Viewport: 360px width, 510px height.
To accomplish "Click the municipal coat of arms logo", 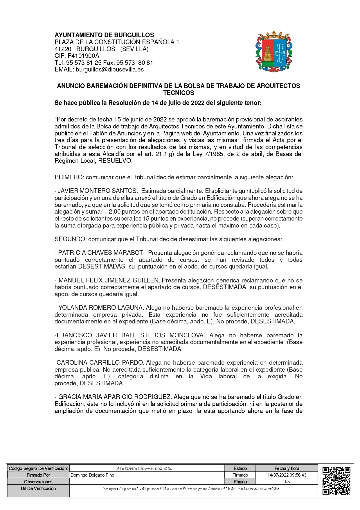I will pos(274,51).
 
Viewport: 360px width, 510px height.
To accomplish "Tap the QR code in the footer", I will pos(336,480).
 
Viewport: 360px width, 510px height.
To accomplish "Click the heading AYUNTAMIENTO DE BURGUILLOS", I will pos(104,35).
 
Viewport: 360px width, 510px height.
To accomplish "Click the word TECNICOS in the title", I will pos(179,93).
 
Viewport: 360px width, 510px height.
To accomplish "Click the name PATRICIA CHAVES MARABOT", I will pos(101,253).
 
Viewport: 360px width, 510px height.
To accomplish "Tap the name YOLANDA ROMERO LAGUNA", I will pos(100,308).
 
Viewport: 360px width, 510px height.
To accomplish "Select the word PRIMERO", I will pos(69,177).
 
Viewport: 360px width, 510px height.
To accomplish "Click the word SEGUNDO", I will pos(70,239).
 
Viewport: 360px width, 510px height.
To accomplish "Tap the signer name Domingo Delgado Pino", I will pos(92,475).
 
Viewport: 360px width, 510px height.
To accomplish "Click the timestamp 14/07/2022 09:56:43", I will pos(287,475).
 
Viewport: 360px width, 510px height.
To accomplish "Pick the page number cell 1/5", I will pos(287,482).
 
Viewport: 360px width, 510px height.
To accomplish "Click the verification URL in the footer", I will pos(194,489).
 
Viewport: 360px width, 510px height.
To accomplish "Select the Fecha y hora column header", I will pos(287,468).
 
